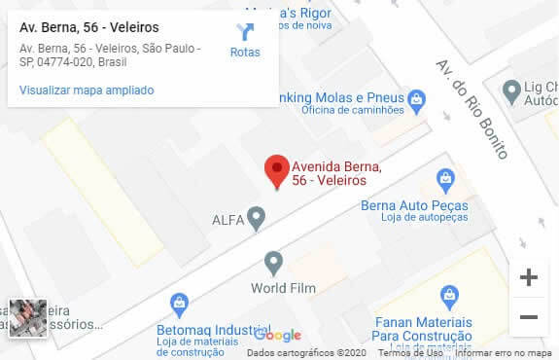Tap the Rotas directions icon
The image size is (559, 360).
[x=245, y=33]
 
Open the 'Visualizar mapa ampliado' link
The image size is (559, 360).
[x=87, y=90]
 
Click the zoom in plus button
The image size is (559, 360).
[x=529, y=278]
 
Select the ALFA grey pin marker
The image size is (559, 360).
[x=256, y=218]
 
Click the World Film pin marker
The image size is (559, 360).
[x=274, y=262]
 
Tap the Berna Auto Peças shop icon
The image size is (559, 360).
[x=445, y=179]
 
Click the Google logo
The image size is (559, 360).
[x=278, y=335]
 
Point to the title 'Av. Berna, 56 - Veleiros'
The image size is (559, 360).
[x=89, y=27]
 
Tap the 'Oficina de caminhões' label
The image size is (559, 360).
[x=352, y=110]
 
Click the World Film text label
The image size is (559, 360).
[x=280, y=288]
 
